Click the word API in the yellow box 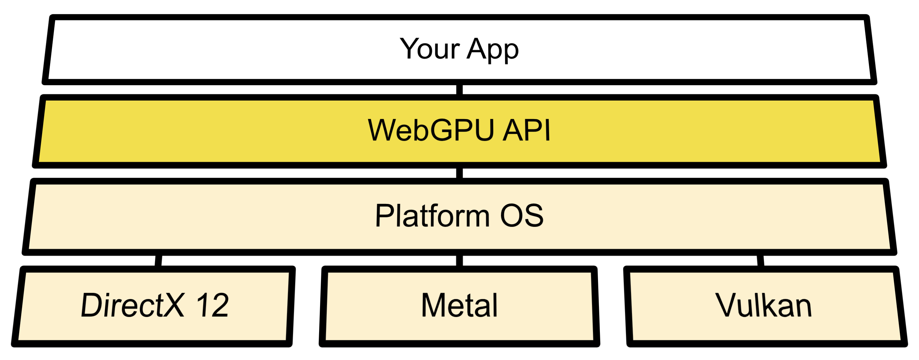tap(527, 130)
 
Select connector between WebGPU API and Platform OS tap(459, 173)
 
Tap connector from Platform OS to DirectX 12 tap(158, 260)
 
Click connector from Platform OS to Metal tap(459, 260)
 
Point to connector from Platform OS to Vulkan tap(760, 260)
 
